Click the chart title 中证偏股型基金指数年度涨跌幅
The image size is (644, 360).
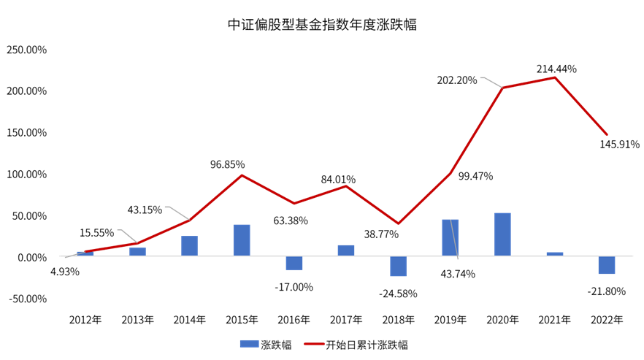point(322,24)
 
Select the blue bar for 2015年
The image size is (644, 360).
point(242,241)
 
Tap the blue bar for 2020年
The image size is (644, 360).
point(502,235)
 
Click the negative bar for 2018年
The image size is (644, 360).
point(398,267)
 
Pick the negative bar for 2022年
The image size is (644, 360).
point(607,266)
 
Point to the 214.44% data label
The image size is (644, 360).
point(556,69)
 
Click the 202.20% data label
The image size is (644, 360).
point(457,80)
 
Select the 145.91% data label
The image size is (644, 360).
point(618,144)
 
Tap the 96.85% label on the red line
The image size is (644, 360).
point(227,165)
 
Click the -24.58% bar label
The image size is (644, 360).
point(398,294)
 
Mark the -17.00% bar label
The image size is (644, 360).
point(294,287)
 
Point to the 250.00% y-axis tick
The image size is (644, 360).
point(27,50)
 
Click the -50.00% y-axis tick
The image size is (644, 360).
point(27,299)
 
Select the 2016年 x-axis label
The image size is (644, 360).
point(294,320)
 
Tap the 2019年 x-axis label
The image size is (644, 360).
point(451,320)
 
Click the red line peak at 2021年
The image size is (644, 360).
point(555,77)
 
